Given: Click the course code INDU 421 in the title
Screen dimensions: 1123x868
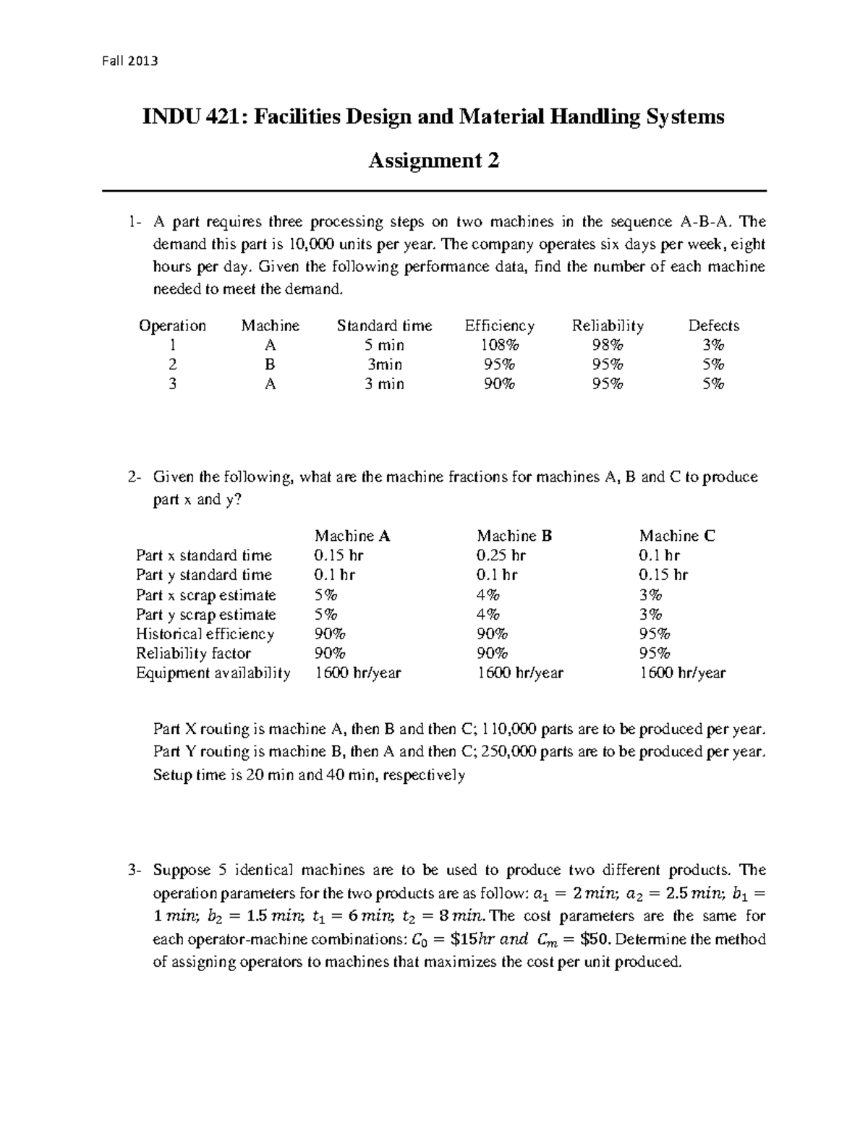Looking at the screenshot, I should [x=189, y=116].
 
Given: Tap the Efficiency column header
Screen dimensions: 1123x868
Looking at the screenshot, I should [x=499, y=326].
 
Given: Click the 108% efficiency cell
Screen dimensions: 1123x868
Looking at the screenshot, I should [x=499, y=346].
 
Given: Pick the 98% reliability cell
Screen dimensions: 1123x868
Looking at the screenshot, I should [x=607, y=346].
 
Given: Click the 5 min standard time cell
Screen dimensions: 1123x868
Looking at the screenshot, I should [x=384, y=346].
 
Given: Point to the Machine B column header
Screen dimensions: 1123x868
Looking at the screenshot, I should [x=514, y=536].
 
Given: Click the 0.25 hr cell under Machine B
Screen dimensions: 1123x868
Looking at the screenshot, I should [x=501, y=555].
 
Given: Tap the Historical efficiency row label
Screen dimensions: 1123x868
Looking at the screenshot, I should [x=205, y=634].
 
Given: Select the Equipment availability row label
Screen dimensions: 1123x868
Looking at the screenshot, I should [x=213, y=673].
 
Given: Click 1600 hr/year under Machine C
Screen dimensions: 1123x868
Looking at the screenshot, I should [x=681, y=673].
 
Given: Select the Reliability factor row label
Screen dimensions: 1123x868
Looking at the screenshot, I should [x=193, y=654].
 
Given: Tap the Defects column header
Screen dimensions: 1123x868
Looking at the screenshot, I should [x=713, y=326].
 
